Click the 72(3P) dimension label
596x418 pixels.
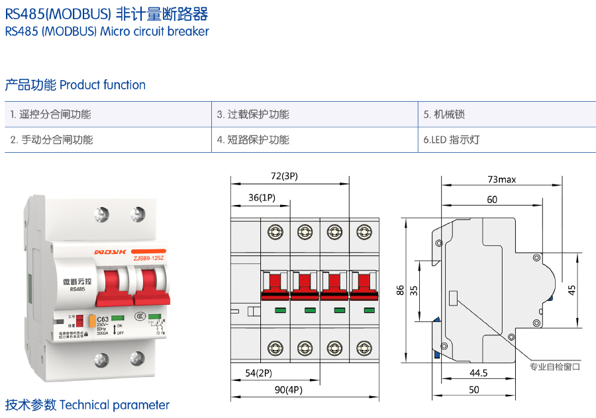coord(285,177)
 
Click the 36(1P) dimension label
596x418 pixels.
coord(262,197)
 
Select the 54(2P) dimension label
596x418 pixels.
coord(259,373)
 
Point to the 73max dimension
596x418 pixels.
coord(501,179)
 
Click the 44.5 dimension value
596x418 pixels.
coord(477,373)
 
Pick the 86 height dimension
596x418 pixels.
coord(400,290)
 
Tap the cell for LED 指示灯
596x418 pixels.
coord(451,140)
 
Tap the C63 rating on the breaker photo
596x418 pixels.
coord(103,320)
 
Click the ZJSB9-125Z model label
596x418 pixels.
coord(148,257)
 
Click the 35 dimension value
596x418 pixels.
coord(413,290)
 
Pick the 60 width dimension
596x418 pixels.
coord(491,199)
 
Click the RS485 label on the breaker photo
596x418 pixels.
coord(77,289)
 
